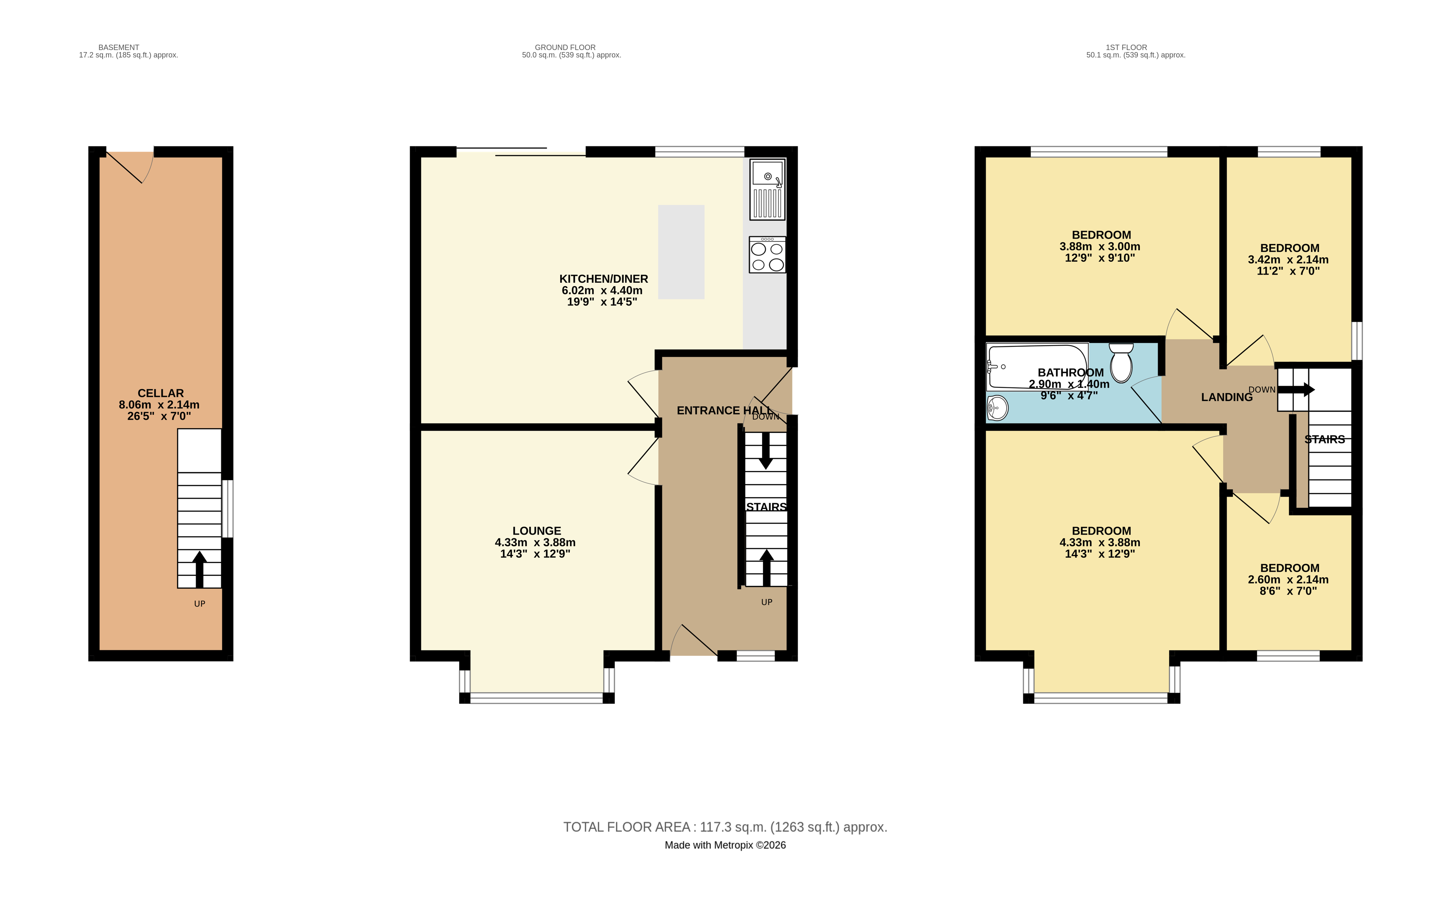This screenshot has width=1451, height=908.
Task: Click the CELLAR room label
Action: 161,393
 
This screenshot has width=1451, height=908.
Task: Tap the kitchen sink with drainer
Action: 767,189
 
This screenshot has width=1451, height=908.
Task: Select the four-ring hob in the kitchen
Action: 767,255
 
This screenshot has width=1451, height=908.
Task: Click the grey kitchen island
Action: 681,252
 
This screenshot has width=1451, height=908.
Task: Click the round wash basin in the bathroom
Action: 998,409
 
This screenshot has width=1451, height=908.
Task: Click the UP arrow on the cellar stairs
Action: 199,569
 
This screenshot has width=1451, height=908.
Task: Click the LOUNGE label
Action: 537,531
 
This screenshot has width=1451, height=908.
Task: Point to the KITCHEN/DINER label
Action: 604,279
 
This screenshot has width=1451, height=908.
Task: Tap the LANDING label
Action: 1227,397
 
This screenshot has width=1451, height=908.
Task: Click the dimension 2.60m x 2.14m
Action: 1288,580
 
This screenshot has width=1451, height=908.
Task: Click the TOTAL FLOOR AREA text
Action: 725,827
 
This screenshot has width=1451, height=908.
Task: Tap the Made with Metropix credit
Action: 725,845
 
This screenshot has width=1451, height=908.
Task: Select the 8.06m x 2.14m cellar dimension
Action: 159,405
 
